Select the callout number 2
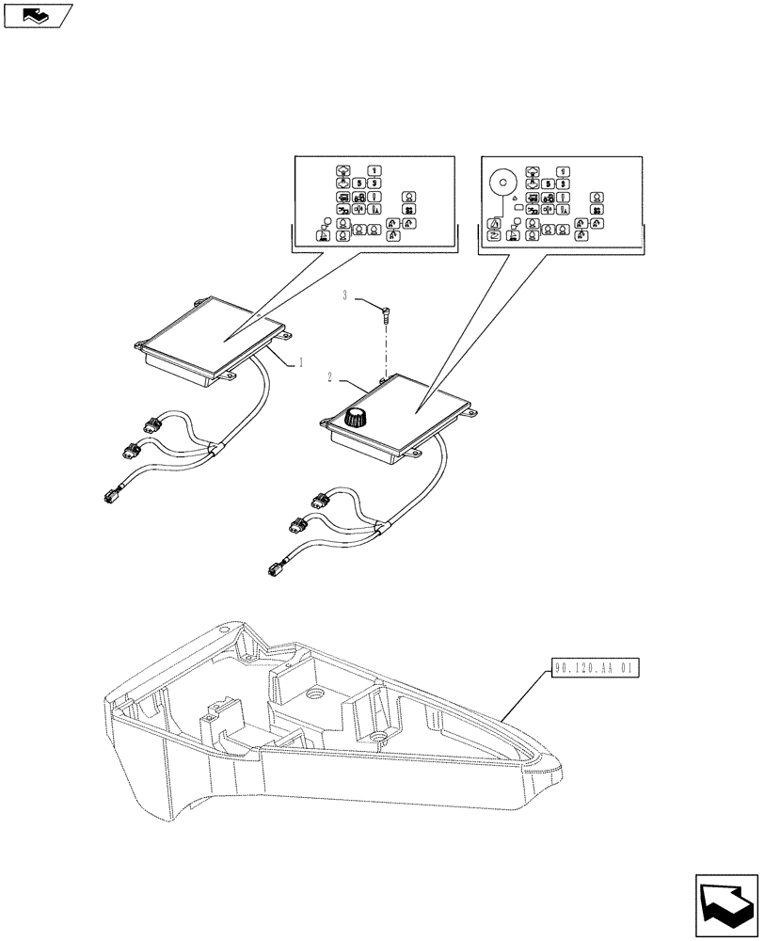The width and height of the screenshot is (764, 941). (x=330, y=377)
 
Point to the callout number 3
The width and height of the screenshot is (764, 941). (x=346, y=295)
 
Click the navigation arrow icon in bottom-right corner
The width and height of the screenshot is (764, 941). (x=725, y=904)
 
